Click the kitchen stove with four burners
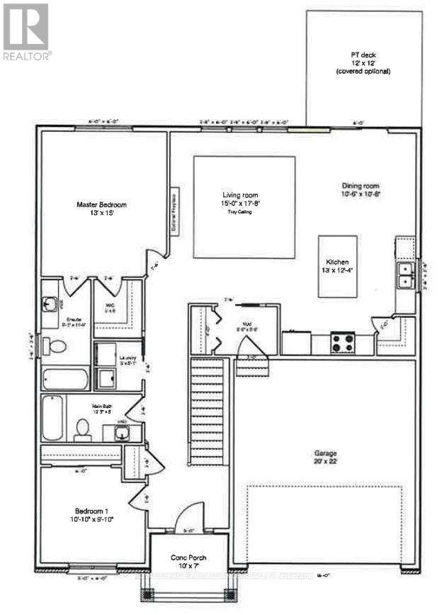tap(344, 343)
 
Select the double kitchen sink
tap(405, 275)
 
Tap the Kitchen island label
tap(337, 265)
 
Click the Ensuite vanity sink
tap(50, 304)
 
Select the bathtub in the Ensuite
tap(64, 378)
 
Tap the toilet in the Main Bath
tap(83, 428)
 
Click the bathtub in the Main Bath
tap(52, 417)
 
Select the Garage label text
tap(326, 457)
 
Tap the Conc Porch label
tap(189, 562)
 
